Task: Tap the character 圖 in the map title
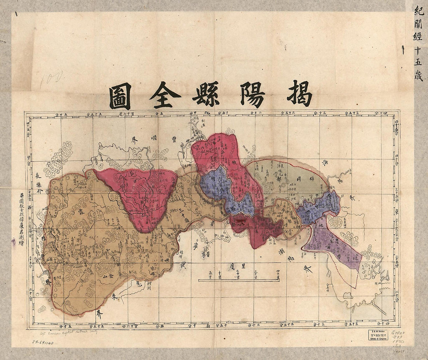[x=120, y=97]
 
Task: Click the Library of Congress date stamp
[x=377, y=335]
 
